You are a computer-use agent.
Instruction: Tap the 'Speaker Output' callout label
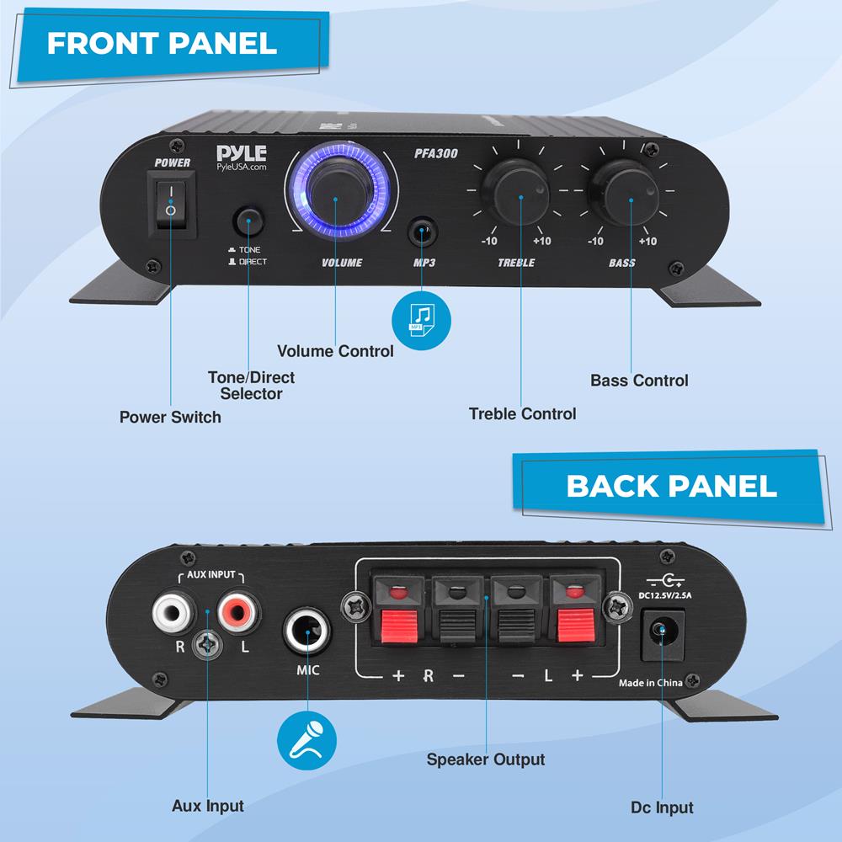[x=485, y=759]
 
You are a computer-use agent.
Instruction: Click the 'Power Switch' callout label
[x=170, y=417]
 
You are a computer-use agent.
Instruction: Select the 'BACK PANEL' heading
[x=671, y=486]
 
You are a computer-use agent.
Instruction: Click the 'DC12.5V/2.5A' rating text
[x=665, y=596]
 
